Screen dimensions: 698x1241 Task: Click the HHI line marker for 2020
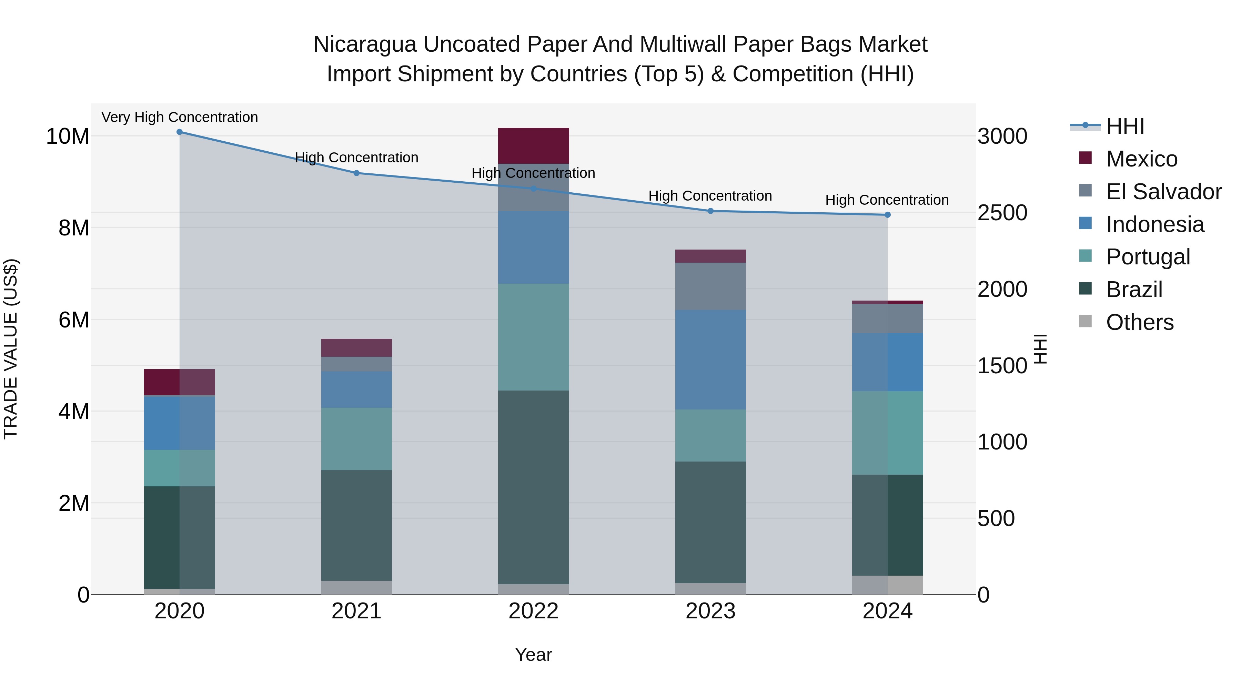click(179, 132)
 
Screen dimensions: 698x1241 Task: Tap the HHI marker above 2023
click(710, 211)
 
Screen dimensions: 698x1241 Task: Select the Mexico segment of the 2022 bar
click(533, 146)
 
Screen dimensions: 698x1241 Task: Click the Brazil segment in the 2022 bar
click(533, 486)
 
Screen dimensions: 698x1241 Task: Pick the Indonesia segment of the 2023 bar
click(710, 360)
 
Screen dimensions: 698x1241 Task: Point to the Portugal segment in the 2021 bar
click(356, 439)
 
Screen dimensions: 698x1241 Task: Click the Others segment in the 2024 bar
click(887, 585)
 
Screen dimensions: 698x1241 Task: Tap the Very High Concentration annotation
click(180, 117)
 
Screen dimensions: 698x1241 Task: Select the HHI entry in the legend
click(1124, 126)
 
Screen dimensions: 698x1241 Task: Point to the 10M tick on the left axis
click(68, 136)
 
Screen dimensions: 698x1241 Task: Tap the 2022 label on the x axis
click(533, 611)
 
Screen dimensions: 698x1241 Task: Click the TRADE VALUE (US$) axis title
click(11, 349)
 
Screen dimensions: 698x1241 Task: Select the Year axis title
click(533, 655)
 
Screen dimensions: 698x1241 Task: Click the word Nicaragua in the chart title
click(365, 44)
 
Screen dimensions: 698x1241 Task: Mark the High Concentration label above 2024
click(887, 200)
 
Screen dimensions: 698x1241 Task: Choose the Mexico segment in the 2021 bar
click(356, 348)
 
